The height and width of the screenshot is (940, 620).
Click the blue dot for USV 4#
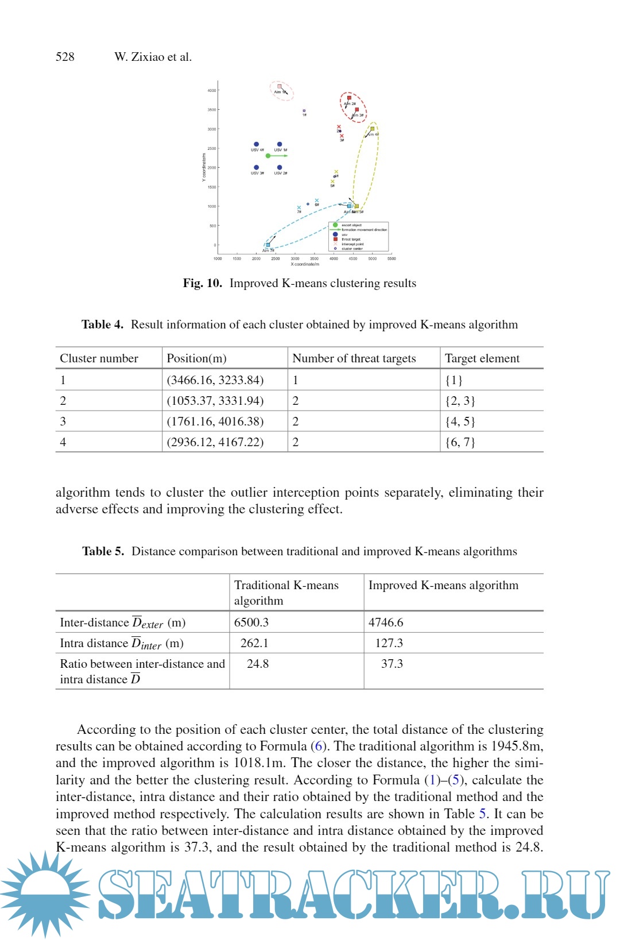click(x=256, y=145)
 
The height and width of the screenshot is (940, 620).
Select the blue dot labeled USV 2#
click(x=280, y=168)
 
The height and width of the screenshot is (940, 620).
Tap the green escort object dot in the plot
click(x=268, y=156)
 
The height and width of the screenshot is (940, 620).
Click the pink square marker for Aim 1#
click(x=280, y=87)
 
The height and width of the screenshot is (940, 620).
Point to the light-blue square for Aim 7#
click(x=268, y=245)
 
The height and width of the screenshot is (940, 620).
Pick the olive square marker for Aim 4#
click(x=372, y=129)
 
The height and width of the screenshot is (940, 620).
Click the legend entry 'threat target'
click(x=351, y=239)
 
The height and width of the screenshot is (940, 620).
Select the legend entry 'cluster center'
click(x=352, y=249)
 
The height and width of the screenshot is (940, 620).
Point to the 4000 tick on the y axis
click(x=212, y=91)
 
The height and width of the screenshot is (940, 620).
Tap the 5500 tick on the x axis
click(x=392, y=259)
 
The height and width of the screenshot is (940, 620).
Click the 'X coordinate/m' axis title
click(x=305, y=264)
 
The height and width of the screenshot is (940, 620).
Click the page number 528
click(x=65, y=57)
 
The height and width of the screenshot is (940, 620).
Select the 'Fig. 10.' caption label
click(x=202, y=283)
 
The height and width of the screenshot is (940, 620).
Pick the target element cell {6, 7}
click(x=460, y=442)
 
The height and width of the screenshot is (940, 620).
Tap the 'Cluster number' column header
click(x=99, y=359)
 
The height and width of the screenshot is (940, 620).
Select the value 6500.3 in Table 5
click(x=251, y=622)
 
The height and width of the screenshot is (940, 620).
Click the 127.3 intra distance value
click(x=389, y=643)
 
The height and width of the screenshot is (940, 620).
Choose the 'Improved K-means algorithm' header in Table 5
click(x=443, y=586)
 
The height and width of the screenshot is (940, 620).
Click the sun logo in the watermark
click(x=45, y=893)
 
